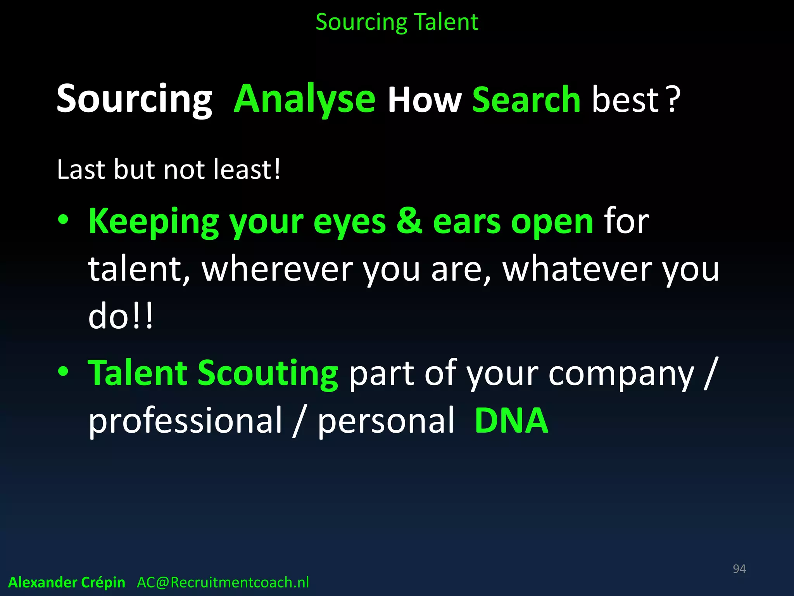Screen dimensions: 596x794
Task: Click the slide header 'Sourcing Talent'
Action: pyautogui.click(x=397, y=22)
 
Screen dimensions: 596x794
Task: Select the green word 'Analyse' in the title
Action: pyautogui.click(x=305, y=100)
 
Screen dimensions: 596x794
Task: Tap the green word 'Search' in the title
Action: pyautogui.click(x=526, y=100)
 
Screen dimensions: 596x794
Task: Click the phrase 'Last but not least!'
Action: pyautogui.click(x=168, y=170)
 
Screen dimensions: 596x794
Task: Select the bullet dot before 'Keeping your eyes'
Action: pyautogui.click(x=63, y=220)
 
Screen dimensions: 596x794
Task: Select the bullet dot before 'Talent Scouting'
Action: pyautogui.click(x=63, y=372)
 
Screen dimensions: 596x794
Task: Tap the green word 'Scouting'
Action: pyautogui.click(x=268, y=374)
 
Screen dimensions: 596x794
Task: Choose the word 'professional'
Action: pyautogui.click(x=185, y=421)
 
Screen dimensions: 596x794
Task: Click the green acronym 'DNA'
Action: pyautogui.click(x=511, y=421)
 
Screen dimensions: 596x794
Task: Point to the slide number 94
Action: pyautogui.click(x=739, y=569)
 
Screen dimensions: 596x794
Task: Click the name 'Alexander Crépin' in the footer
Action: pyautogui.click(x=67, y=582)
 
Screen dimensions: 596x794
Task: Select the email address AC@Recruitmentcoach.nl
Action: pyautogui.click(x=223, y=582)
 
